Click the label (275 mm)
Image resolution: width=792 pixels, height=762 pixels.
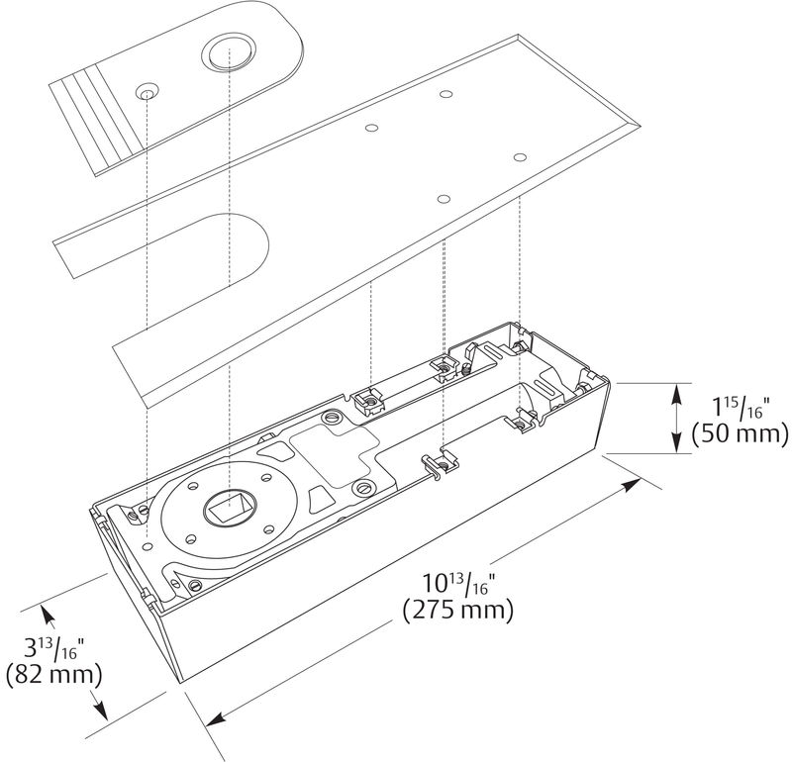pyautogui.click(x=458, y=610)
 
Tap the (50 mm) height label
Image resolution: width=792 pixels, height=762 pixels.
pyautogui.click(x=740, y=434)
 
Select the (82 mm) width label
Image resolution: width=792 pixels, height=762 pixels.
pyautogui.click(x=54, y=676)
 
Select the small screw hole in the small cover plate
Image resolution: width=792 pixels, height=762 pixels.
pyautogui.click(x=147, y=92)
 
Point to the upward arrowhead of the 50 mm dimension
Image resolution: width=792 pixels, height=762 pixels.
pyautogui.click(x=676, y=390)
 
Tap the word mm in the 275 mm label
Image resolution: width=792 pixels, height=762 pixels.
pyautogui.click(x=484, y=610)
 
